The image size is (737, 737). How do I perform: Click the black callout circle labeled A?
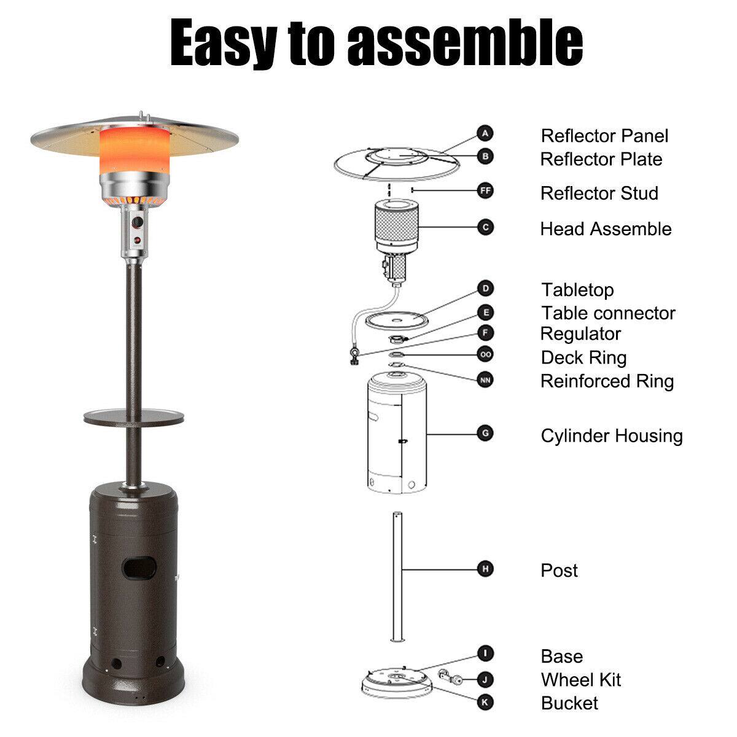click(485, 133)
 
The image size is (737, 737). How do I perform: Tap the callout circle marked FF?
click(485, 191)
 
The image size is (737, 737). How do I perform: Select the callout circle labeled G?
click(485, 433)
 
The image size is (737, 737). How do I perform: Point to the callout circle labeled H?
click(485, 569)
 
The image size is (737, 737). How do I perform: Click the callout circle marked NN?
click(485, 380)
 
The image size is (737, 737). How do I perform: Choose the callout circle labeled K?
click(485, 701)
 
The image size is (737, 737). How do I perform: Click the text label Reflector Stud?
click(599, 193)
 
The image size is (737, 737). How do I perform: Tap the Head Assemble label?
click(606, 229)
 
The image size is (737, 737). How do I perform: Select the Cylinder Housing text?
click(611, 435)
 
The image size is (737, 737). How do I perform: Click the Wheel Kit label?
click(580, 679)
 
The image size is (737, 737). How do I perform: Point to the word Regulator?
click(580, 333)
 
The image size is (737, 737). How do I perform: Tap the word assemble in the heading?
click(464, 42)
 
